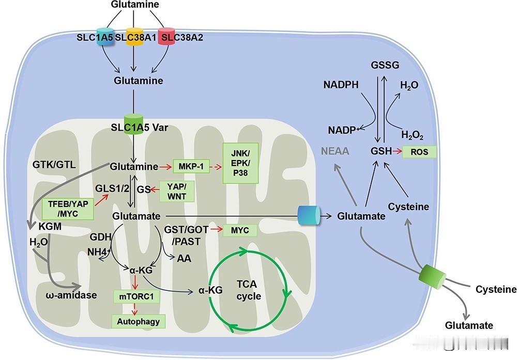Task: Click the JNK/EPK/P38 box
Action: [240, 163]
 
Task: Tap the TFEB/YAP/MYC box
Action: [68, 208]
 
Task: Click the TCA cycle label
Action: [249, 290]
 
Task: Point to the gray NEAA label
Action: [335, 151]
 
